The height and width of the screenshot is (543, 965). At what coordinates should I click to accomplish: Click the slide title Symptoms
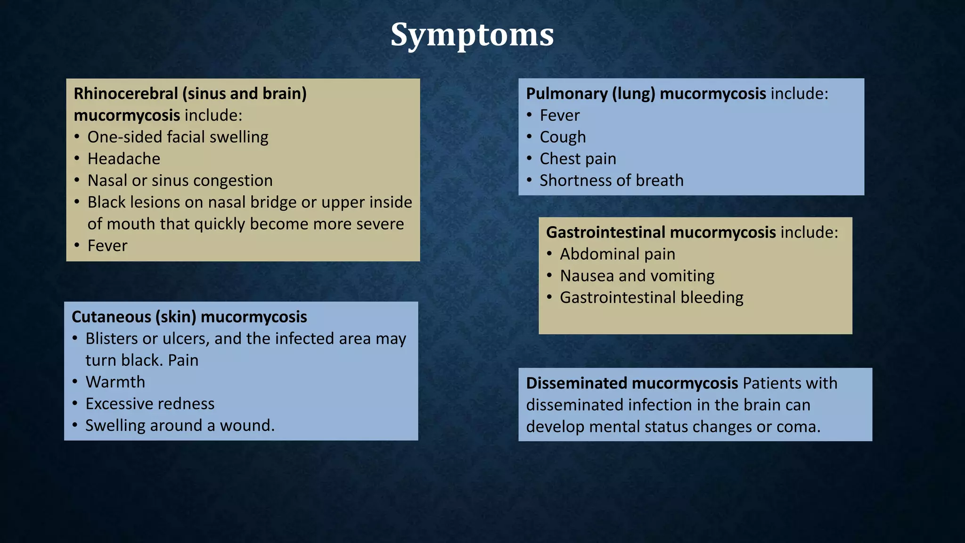472,35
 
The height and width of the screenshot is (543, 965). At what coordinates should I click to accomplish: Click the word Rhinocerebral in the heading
125,94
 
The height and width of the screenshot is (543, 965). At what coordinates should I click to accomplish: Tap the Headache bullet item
123,159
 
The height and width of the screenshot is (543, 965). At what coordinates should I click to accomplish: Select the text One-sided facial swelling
178,137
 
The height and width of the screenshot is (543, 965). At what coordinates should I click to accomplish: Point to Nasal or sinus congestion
180,181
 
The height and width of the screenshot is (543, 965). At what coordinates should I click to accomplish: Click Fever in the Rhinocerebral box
107,246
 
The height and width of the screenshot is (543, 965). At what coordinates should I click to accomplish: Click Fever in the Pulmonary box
559,115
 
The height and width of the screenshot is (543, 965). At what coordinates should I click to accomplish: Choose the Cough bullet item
563,137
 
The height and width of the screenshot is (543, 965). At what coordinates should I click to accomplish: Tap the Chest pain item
578,159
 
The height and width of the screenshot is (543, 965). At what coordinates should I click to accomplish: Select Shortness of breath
611,181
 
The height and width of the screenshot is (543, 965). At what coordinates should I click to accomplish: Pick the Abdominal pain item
617,254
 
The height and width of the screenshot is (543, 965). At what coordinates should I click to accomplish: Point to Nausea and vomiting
637,276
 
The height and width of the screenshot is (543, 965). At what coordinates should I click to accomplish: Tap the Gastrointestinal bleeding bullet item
651,297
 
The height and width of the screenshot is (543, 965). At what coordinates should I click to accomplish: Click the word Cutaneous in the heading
111,317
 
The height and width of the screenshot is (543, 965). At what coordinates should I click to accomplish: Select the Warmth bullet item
115,382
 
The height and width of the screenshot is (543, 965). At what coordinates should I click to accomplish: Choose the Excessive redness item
150,404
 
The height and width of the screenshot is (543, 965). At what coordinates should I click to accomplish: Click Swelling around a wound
180,426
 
